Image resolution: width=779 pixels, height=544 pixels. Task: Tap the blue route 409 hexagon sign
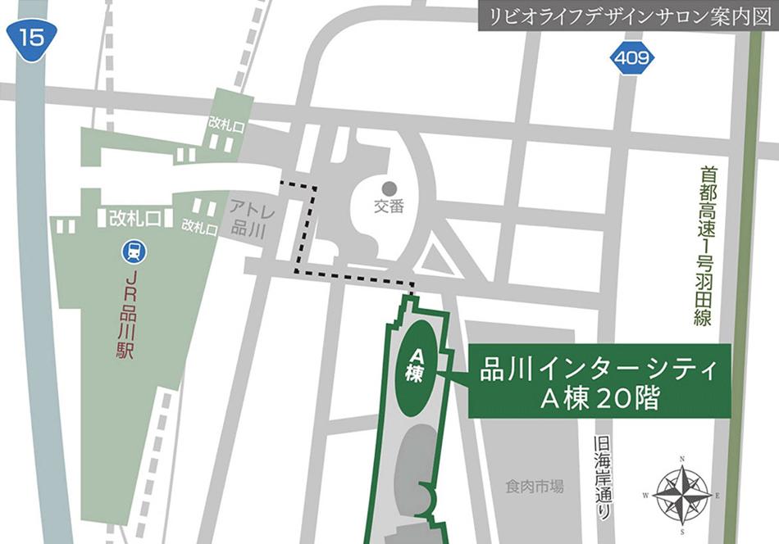pos(632,59)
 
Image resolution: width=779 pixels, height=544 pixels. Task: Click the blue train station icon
pos(134,252)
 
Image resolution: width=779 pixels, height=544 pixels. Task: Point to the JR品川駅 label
pos(134,315)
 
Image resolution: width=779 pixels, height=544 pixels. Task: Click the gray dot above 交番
pos(389,188)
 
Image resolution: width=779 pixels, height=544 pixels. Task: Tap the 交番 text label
pos(389,207)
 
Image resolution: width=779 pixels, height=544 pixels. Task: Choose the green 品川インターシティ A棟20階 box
pos(599,381)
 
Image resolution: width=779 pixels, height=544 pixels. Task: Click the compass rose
pos(683,494)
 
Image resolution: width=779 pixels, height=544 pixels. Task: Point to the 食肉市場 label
pos(534,487)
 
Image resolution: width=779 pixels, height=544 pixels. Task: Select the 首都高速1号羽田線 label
pos(702,246)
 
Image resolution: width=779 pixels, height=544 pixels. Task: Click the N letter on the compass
pos(683,459)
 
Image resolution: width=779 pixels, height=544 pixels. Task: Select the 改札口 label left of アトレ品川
pos(200,226)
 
